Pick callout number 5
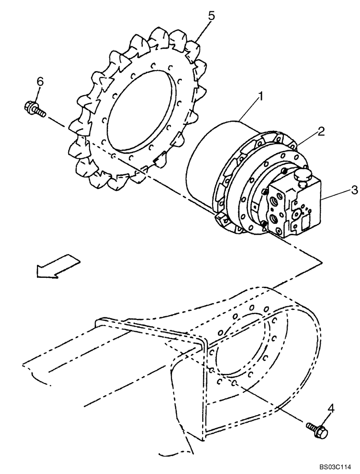tap(211, 16)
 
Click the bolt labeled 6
tap(34, 109)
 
